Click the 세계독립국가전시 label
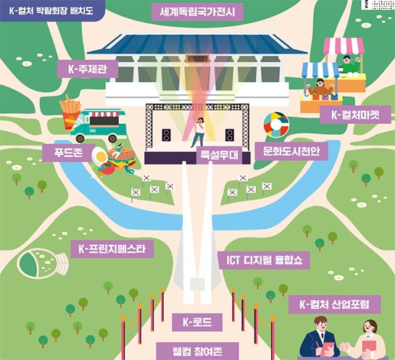pyautogui.click(x=197, y=12)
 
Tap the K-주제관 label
pyautogui.click(x=88, y=69)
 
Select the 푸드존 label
pyautogui.click(x=69, y=153)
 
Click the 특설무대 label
pyautogui.click(x=219, y=155)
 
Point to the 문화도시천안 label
pyautogui.click(x=291, y=151)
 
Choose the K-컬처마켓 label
pyautogui.click(x=355, y=114)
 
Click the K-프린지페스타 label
pyautogui.click(x=112, y=249)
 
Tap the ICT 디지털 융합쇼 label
pyautogui.click(x=264, y=260)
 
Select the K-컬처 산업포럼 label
pyautogui.click(x=335, y=304)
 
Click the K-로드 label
pyautogui.click(x=197, y=322)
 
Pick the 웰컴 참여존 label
pyautogui.click(x=197, y=351)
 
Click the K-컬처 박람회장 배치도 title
pyautogui.click(x=51, y=11)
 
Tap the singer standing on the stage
pyautogui.click(x=199, y=132)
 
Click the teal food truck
pyautogui.click(x=99, y=125)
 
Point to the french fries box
pyautogui.click(x=70, y=112)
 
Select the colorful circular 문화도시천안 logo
pyautogui.click(x=276, y=125)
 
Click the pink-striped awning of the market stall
pyautogui.click(x=344, y=46)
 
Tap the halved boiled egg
pyautogui.click(x=100, y=156)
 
